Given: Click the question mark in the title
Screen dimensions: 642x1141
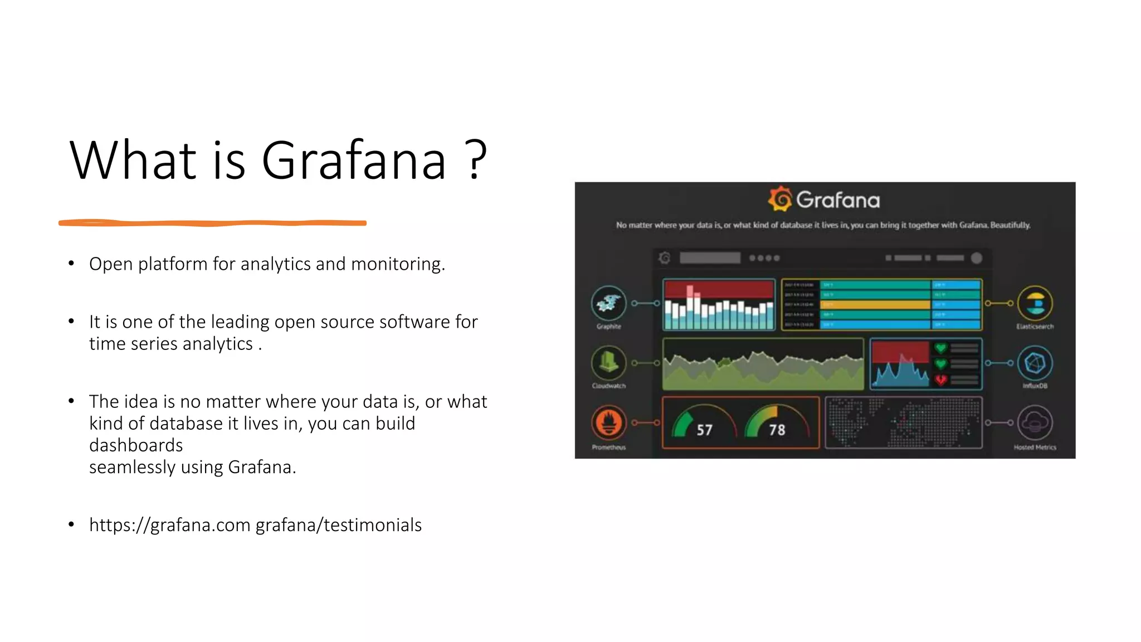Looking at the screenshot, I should (475, 160).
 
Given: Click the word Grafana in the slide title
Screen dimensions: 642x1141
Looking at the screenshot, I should (354, 160).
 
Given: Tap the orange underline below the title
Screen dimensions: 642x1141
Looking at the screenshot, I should (212, 223).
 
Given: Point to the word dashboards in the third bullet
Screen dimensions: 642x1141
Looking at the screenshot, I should (136, 445).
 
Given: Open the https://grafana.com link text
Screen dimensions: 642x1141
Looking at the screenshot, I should (169, 525).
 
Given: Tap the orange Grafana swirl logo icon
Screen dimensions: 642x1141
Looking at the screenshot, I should (780, 199).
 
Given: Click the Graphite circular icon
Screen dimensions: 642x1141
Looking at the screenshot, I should (608, 303).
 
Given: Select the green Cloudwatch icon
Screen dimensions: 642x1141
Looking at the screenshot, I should (608, 363).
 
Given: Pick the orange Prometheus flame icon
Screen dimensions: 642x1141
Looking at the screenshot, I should (608, 422).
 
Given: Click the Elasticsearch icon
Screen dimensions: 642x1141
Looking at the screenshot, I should (1035, 303).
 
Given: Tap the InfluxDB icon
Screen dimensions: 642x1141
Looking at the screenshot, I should (1035, 363).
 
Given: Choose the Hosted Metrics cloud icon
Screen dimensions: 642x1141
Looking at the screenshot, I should (1035, 422).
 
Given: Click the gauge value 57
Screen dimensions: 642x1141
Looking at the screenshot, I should (704, 430).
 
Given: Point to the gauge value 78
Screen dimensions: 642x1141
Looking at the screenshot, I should (777, 430).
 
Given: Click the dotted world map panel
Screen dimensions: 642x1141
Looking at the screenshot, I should (903, 422).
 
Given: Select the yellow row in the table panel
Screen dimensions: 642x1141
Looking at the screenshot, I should (875, 305).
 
